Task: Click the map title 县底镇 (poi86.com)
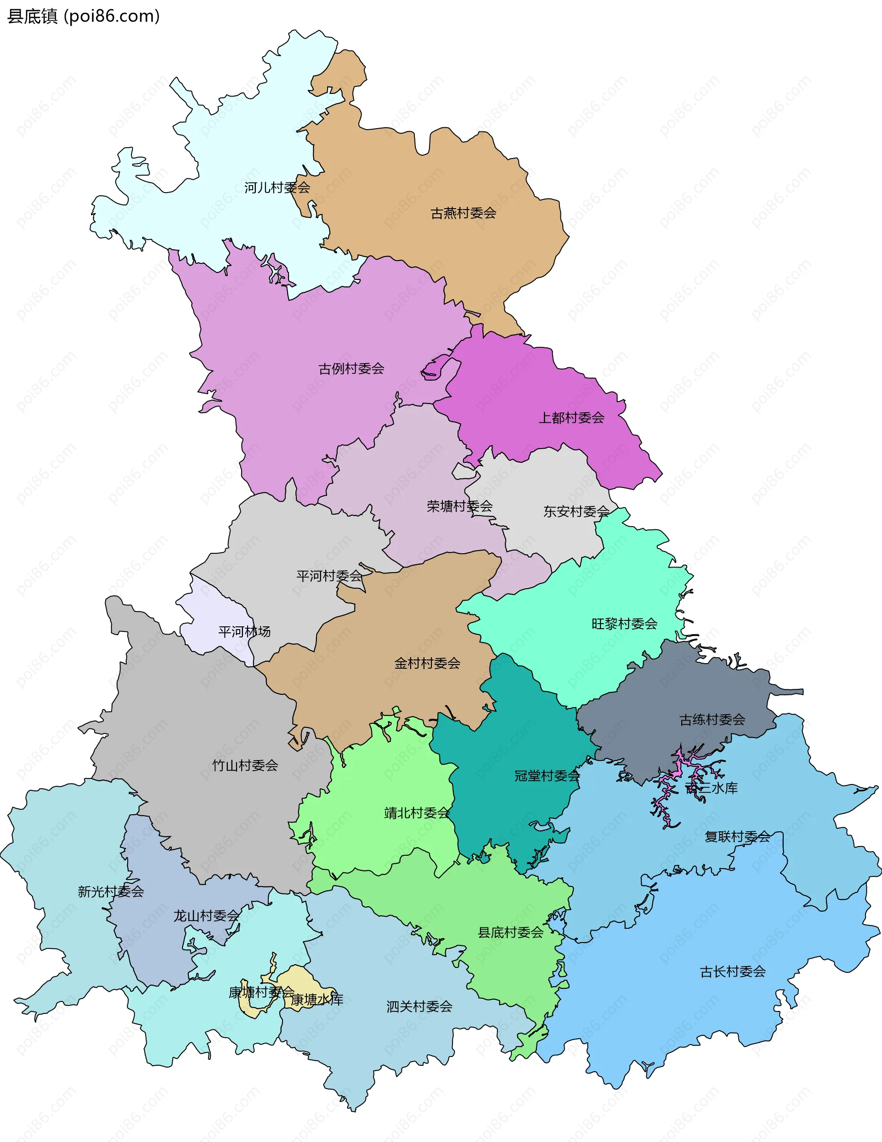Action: [83, 16]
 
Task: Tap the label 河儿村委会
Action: [277, 187]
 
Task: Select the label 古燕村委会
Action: [463, 213]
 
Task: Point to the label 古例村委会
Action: [351, 369]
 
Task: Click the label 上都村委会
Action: [571, 418]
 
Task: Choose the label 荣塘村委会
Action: [459, 506]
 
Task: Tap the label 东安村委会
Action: [576, 511]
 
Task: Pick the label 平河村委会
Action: [329, 576]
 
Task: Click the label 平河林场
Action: [244, 631]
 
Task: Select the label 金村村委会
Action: [427, 664]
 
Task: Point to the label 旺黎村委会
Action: [624, 624]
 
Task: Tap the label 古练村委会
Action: [712, 720]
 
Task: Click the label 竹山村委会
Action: [245, 766]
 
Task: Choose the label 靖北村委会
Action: [417, 813]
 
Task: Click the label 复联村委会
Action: [737, 837]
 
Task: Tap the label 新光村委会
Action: [111, 892]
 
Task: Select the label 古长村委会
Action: [732, 972]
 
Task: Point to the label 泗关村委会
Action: [419, 1006]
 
